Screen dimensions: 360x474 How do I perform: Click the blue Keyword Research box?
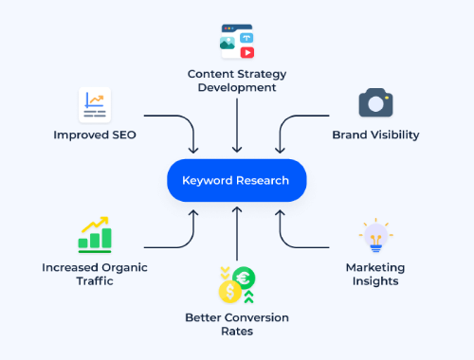click(x=237, y=180)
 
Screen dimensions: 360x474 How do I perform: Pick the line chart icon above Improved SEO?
click(x=95, y=103)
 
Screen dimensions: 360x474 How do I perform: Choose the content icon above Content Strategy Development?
click(x=236, y=43)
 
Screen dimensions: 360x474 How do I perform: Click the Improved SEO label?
click(x=95, y=135)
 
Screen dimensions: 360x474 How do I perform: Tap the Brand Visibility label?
click(x=375, y=135)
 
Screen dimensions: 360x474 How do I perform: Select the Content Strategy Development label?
click(x=237, y=81)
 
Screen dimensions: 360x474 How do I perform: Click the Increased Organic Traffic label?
click(x=95, y=275)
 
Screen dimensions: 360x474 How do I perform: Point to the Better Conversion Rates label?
click(x=237, y=323)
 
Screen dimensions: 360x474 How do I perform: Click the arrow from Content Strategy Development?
click(x=237, y=123)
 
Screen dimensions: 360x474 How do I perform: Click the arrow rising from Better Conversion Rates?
click(x=237, y=237)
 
